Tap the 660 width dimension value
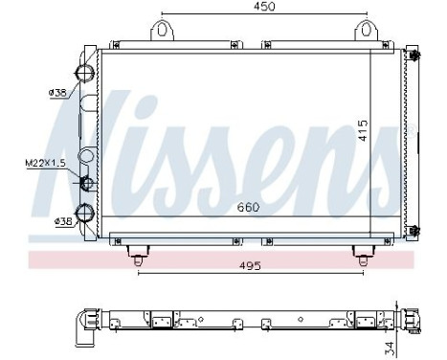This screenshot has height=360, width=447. coord(248,207)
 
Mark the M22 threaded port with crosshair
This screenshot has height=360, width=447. coord(86,183)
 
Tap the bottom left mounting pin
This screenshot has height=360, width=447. coord(139,255)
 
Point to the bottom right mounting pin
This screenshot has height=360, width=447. coord(363,255)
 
